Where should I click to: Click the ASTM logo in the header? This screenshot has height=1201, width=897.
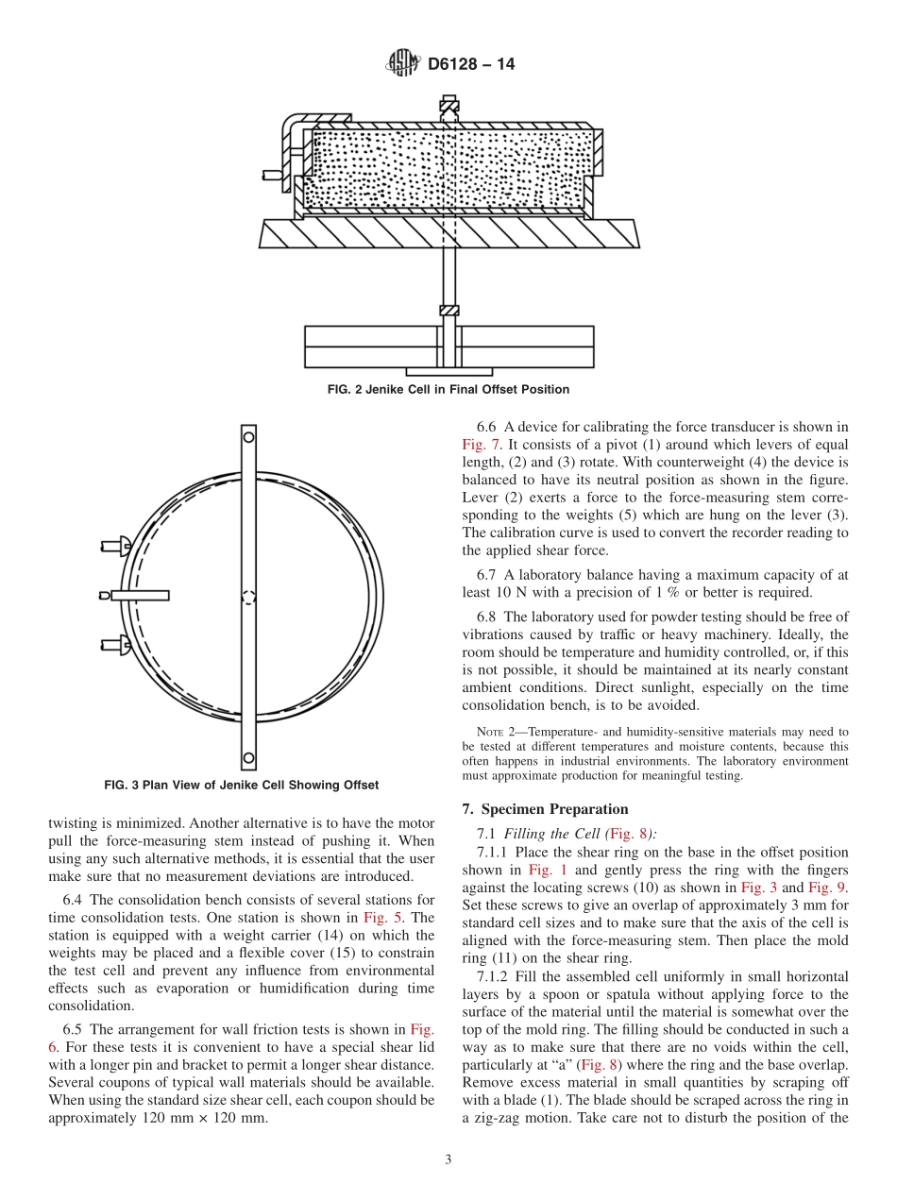point(402,64)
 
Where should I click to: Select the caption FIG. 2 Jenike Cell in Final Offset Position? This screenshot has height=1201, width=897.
point(448,389)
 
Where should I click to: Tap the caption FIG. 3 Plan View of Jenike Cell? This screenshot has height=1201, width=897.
point(241,786)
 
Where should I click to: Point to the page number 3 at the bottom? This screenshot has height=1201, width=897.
point(448,1160)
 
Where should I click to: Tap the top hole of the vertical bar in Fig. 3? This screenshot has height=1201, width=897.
point(248,436)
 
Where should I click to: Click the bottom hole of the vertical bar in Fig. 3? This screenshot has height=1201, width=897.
point(248,757)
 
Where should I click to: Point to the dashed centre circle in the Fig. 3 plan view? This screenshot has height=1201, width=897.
point(248,597)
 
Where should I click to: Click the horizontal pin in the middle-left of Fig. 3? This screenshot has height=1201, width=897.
point(138,595)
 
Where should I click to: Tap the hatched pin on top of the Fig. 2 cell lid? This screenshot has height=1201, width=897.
point(449,107)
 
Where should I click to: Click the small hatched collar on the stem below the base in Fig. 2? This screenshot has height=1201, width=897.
point(449,311)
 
